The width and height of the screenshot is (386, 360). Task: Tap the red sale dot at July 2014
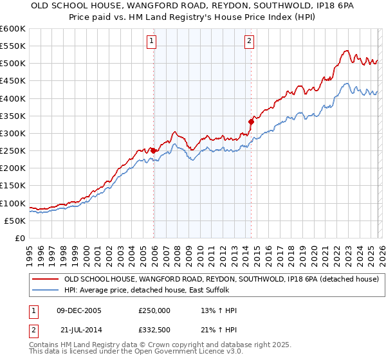pyautogui.click(x=251, y=122)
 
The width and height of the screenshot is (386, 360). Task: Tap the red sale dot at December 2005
pyautogui.click(x=154, y=150)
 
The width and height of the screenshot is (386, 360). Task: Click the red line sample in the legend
pyautogui.click(x=45, y=280)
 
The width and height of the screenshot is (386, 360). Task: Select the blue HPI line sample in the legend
pyautogui.click(x=45, y=291)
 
